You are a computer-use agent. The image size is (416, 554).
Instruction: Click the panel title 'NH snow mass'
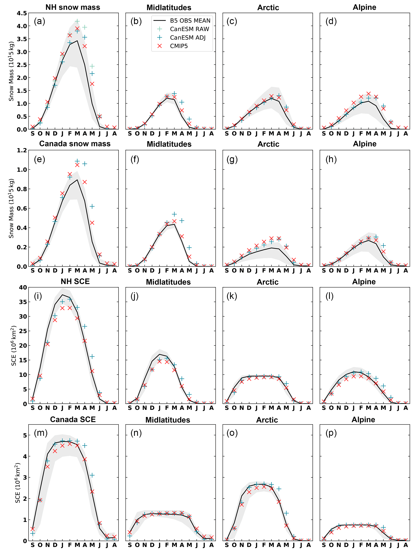73,7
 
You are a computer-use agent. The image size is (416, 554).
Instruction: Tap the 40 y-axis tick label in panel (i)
23,287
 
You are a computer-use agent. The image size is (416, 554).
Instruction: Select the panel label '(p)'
331,433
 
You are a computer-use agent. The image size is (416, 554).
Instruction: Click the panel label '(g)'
232,159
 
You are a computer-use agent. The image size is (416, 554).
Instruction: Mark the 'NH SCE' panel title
75,281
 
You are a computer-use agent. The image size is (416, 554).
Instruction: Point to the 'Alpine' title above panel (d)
364,7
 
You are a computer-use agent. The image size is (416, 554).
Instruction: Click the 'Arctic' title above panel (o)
267,420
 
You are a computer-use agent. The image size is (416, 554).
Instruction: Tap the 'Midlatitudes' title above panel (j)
168,282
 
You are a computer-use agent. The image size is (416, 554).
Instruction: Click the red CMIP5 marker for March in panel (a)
77,29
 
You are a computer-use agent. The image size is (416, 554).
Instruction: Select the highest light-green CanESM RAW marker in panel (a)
77,21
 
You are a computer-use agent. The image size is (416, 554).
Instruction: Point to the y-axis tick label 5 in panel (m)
25,435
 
